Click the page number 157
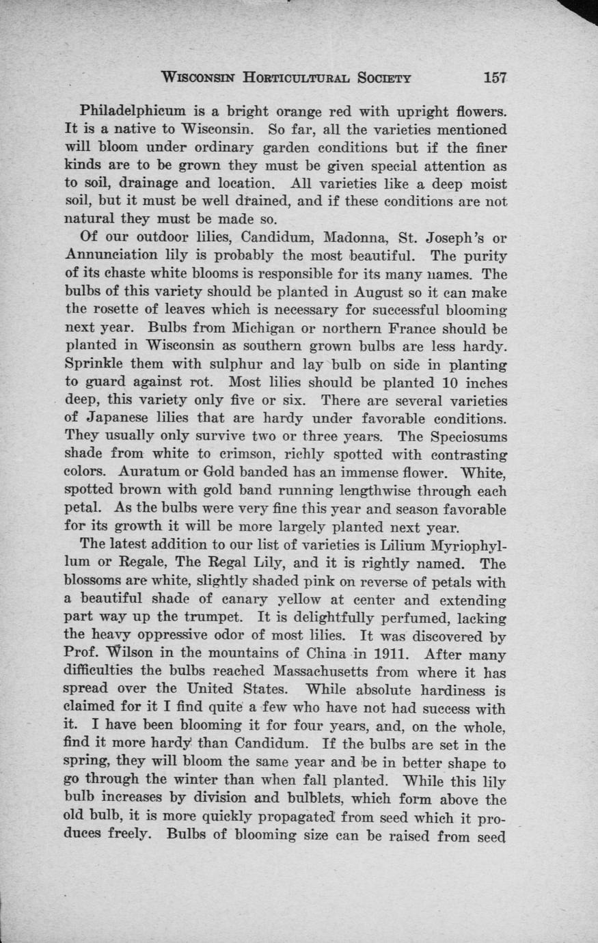tap(494, 77)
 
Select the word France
tap(425, 329)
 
